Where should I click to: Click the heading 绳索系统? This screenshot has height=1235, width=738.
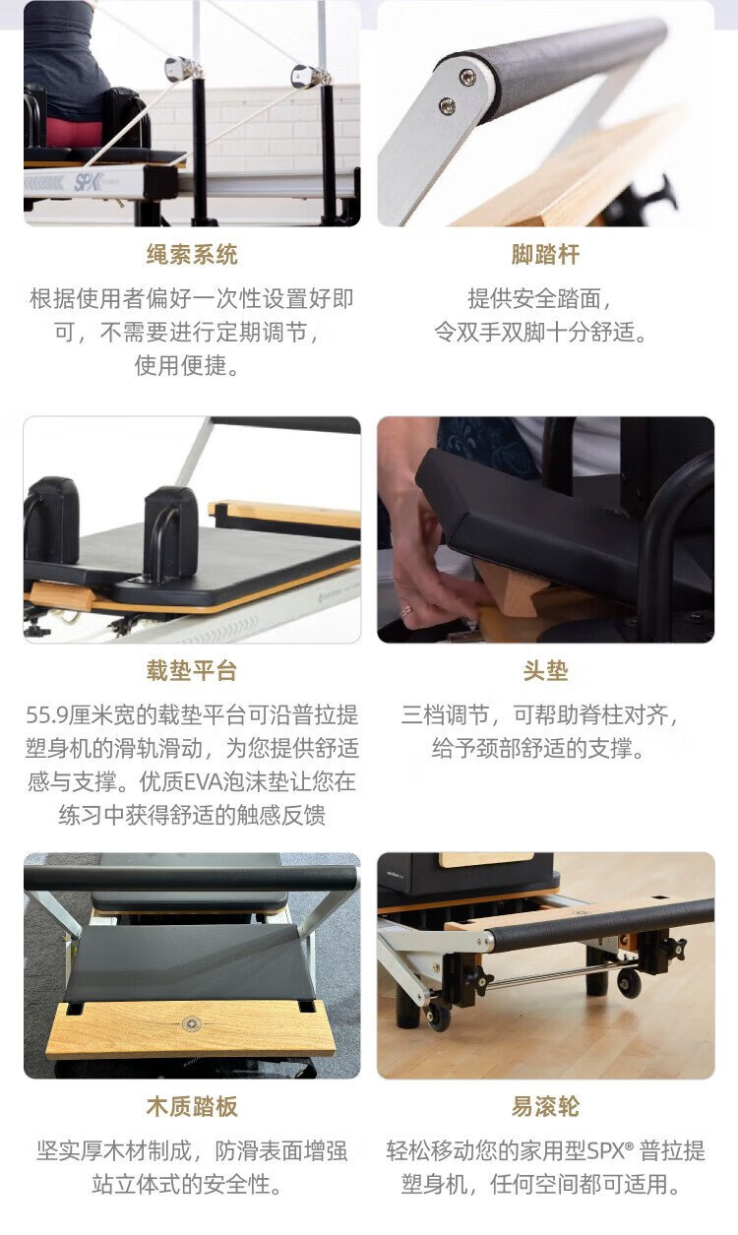(192, 255)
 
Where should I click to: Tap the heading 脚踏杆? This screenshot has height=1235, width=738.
(545, 255)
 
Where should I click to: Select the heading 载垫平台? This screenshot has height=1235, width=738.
(192, 671)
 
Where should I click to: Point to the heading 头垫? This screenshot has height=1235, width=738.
(545, 671)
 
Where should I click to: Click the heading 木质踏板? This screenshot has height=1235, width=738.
(192, 1106)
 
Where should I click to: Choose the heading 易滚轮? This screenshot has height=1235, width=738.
(545, 1106)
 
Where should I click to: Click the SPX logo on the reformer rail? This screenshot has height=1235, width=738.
(87, 182)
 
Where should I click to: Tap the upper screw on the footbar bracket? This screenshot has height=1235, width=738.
(466, 76)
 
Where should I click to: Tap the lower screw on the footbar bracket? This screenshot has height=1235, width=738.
(447, 104)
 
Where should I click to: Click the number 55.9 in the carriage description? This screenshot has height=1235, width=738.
(47, 715)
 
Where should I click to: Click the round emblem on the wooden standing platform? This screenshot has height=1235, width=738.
(192, 1024)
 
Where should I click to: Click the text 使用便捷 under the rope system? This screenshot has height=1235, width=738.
(180, 365)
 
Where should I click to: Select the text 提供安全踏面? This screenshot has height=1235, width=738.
(534, 299)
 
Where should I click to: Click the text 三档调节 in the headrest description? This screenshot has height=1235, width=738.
(446, 715)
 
